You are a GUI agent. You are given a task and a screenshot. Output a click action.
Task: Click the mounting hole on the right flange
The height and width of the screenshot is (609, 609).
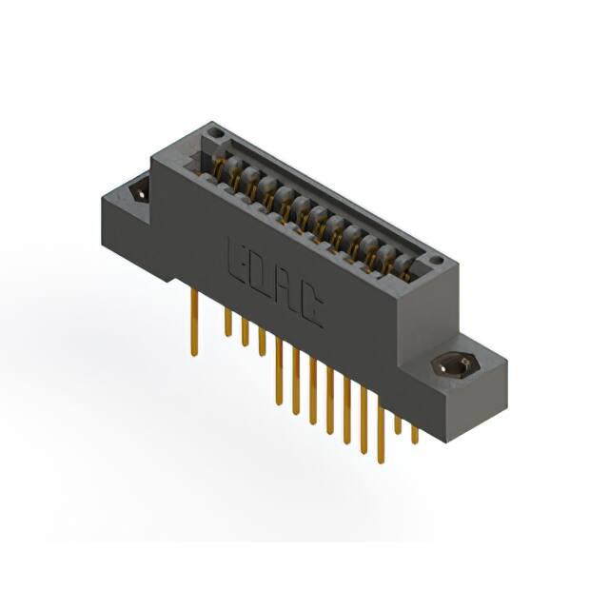tap(456, 365)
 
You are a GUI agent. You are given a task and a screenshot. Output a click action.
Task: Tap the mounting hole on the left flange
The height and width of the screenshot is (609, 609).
tap(140, 192)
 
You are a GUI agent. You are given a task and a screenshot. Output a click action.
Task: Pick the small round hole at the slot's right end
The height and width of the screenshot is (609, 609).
tap(437, 261)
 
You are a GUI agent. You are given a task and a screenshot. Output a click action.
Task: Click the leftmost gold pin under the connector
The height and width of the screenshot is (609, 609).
tap(194, 322)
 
